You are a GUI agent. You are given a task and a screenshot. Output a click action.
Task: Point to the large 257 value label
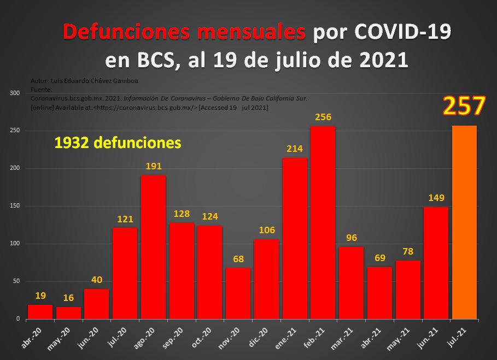point(464,106)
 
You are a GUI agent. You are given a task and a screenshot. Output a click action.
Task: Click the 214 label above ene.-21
point(294,149)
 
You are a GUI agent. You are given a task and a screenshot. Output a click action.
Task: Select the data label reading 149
point(436,198)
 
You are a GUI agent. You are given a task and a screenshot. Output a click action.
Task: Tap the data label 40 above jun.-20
point(97,280)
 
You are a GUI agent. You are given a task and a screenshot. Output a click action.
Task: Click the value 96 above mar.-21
point(350,238)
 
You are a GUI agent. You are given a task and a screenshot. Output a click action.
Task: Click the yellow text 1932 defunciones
point(118,143)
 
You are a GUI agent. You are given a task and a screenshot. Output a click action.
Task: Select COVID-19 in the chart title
point(402,32)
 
